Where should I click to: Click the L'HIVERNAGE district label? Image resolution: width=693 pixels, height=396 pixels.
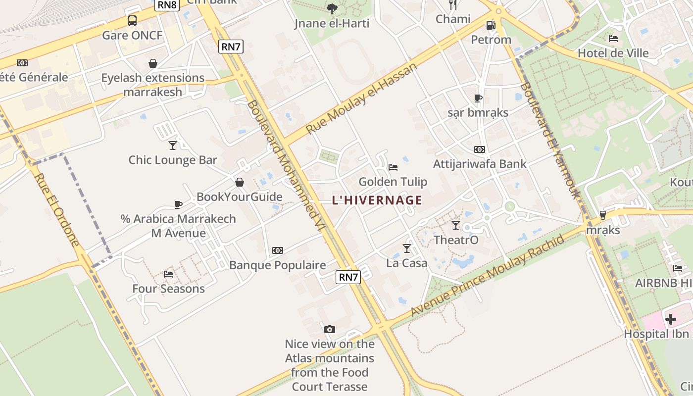click(x=377, y=200)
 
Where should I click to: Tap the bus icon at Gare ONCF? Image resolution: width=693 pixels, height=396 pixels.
click(x=132, y=21)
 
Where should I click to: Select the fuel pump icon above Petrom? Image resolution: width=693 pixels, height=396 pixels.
click(x=491, y=25)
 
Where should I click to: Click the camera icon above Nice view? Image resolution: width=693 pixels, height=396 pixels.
click(x=329, y=329)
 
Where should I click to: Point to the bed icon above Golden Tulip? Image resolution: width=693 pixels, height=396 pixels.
click(x=393, y=167)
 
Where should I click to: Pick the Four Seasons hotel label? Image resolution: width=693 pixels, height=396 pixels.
click(x=168, y=289)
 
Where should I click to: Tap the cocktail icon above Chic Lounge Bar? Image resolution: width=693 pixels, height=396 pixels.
click(x=172, y=145)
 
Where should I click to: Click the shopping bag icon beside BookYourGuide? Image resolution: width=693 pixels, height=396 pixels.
click(x=240, y=182)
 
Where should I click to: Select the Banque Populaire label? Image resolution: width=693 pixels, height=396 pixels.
click(x=277, y=265)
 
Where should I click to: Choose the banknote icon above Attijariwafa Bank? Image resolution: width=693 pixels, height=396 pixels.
click(x=479, y=149)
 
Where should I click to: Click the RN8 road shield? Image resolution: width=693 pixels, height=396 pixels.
click(x=167, y=5)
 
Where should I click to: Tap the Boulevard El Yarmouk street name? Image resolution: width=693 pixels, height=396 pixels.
click(x=549, y=140)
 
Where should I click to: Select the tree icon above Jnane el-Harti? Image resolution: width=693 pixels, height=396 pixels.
click(x=332, y=8)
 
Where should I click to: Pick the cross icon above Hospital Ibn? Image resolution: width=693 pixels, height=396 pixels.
click(x=671, y=319)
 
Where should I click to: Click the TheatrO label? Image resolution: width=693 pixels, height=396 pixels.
click(x=456, y=240)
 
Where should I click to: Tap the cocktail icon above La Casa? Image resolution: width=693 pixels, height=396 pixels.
click(x=407, y=248)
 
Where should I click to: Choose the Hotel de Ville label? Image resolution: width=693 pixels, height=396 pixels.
click(x=613, y=53)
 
